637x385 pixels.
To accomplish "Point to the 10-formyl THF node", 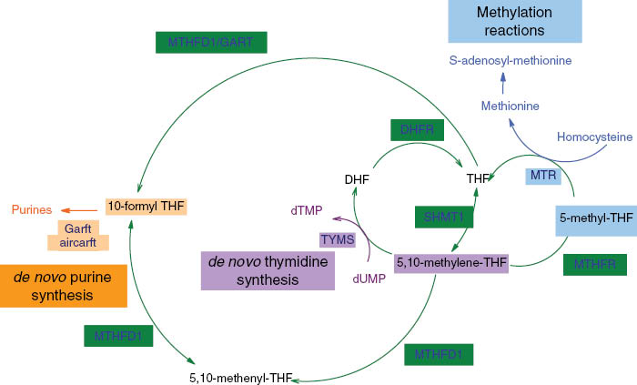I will [146, 207].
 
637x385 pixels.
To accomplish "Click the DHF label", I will [357, 180].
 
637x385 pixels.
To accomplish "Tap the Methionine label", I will [511, 106].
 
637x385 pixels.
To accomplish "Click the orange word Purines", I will [32, 209].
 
